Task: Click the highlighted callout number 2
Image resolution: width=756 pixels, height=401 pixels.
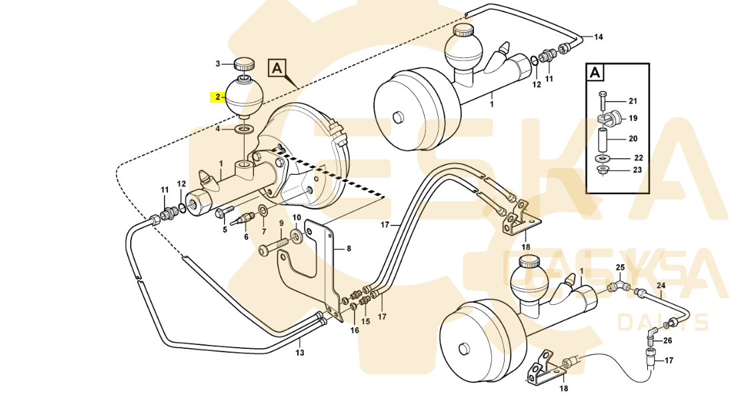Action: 217,97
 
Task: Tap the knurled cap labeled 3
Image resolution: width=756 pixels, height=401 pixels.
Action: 244,65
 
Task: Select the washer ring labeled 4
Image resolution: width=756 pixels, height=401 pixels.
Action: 245,128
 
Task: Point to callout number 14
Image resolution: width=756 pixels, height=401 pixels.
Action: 598,37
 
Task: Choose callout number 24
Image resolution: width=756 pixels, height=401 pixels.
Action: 662,286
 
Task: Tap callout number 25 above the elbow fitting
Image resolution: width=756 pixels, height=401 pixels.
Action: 620,268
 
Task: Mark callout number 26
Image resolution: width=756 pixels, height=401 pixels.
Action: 668,340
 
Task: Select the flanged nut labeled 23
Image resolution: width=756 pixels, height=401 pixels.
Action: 602,169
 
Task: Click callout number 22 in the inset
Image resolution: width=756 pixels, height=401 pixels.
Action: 638,158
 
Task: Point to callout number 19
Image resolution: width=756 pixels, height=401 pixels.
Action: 633,118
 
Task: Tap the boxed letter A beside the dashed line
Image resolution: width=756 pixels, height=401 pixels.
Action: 278,68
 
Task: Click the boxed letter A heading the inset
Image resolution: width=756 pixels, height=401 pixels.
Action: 596,72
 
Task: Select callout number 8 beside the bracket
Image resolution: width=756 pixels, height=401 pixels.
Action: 347,249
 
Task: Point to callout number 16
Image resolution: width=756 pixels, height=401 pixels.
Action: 355,331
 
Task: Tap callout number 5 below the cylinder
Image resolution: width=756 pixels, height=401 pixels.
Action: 225,230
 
